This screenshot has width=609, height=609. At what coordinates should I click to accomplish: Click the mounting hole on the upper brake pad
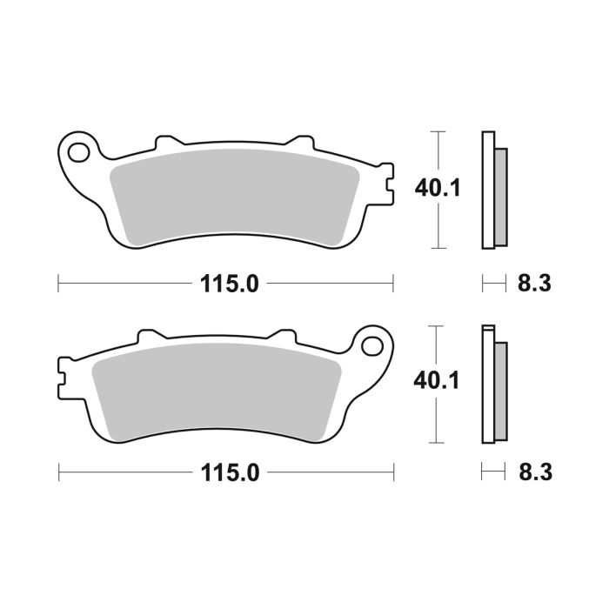79,151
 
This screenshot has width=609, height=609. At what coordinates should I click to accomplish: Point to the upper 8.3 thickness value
533,283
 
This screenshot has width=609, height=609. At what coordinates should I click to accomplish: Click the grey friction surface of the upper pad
235,196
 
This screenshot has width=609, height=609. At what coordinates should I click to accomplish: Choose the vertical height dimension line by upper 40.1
440,226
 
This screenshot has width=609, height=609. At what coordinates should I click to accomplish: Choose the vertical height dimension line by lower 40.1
440,418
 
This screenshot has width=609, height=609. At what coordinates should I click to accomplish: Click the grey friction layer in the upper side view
499,196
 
